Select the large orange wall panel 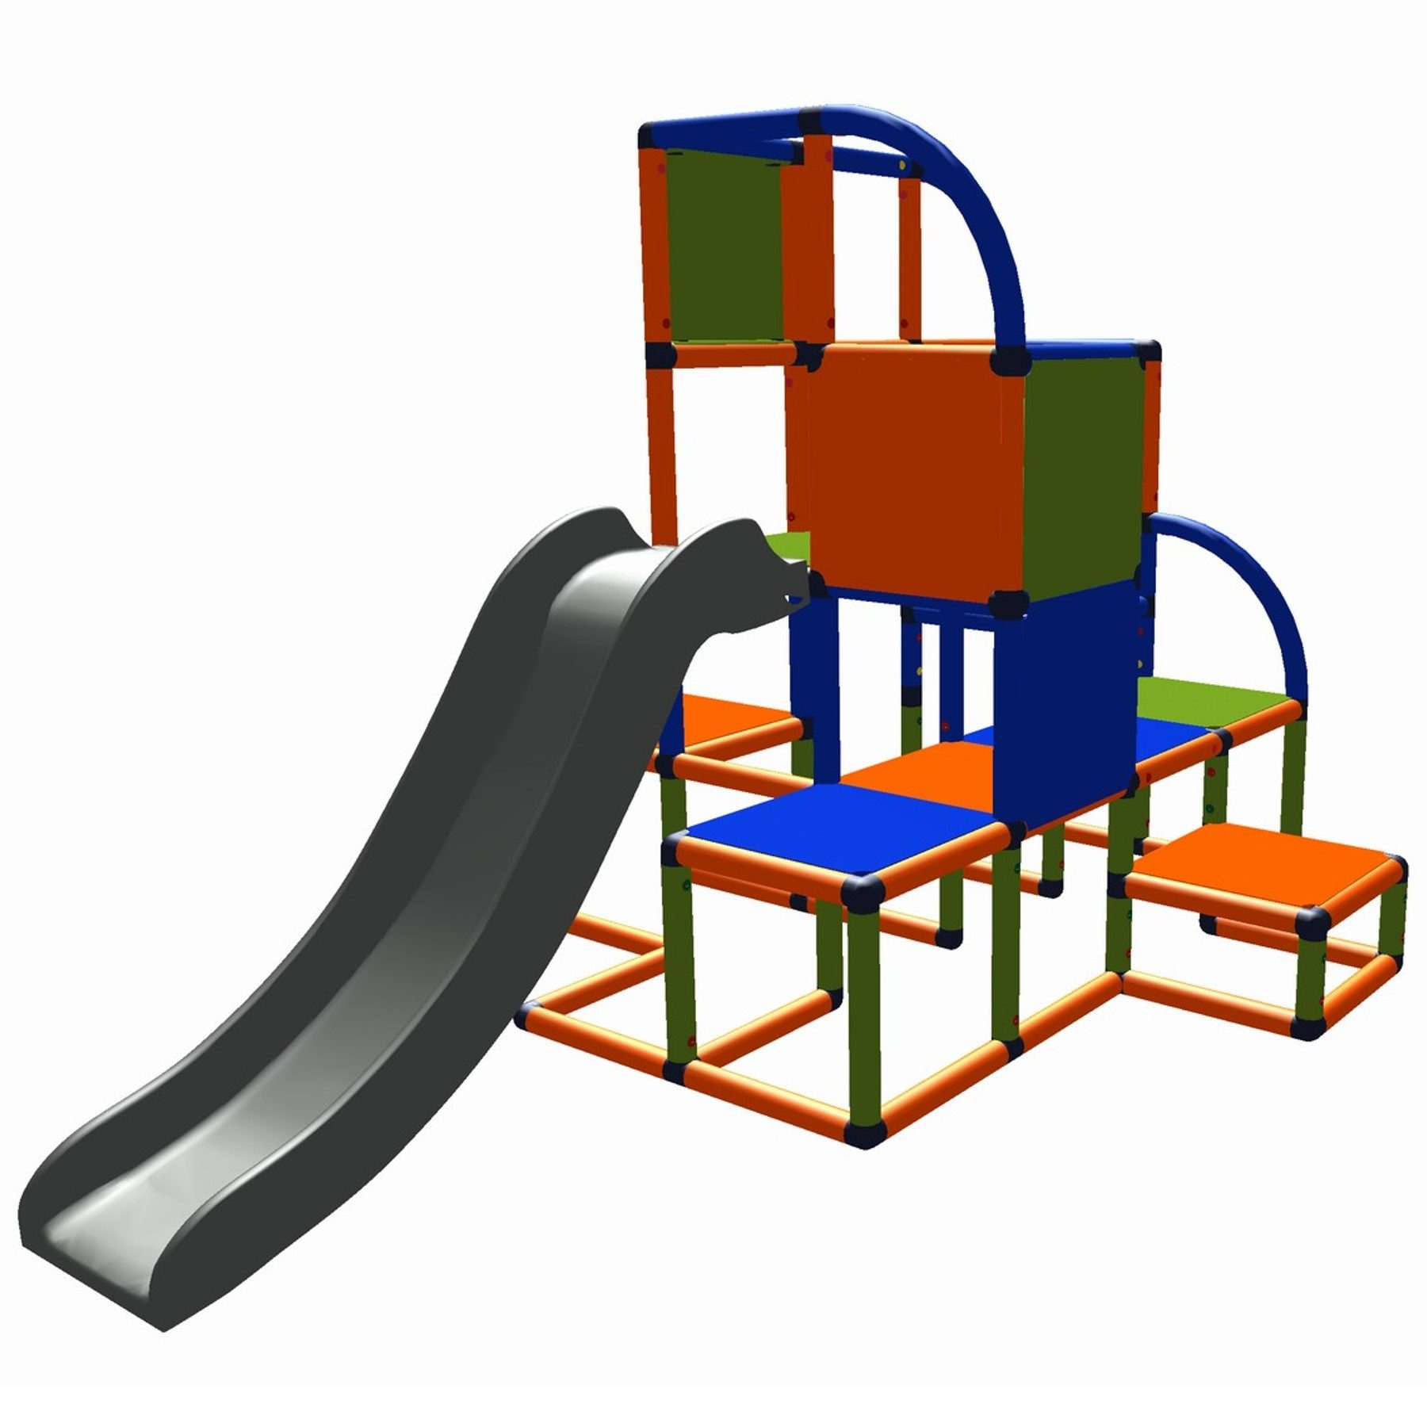[x=912, y=468]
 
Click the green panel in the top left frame [x=721, y=246]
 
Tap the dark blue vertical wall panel [x=1062, y=706]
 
